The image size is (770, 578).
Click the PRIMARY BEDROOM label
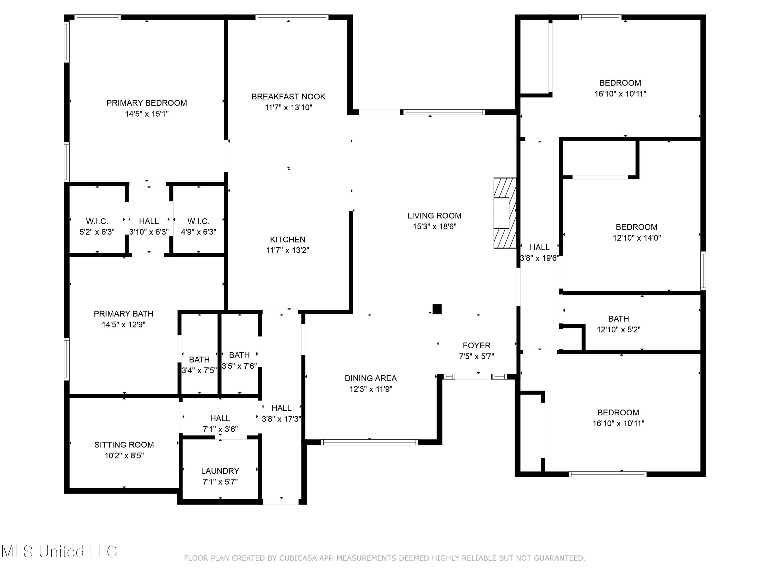click(x=147, y=103)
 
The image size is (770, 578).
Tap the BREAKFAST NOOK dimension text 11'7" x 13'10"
click(x=288, y=107)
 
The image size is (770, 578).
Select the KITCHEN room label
click(x=287, y=239)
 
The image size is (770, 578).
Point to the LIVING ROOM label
click(x=435, y=216)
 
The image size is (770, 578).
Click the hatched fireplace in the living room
click(x=505, y=213)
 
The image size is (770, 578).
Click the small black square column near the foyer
click(x=437, y=309)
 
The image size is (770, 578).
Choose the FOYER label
click(x=477, y=345)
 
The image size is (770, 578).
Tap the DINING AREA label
click(x=371, y=378)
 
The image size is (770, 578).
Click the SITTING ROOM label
click(x=124, y=445)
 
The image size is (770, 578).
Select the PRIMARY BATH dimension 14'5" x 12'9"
click(x=123, y=324)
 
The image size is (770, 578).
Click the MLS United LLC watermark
click(x=59, y=552)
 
